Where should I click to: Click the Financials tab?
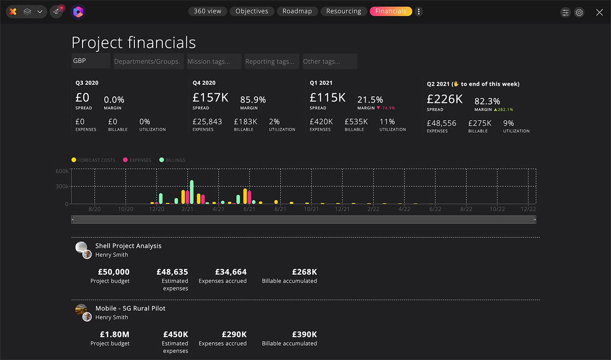tap(391, 11)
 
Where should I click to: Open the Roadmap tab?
tap(297, 11)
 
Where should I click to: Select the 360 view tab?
tap(207, 11)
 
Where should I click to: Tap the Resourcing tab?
tap(343, 11)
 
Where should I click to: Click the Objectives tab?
tap(252, 11)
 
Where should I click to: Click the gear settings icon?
tap(579, 12)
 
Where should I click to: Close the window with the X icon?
tap(599, 12)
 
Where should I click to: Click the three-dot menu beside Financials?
tap(419, 11)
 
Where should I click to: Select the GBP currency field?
tap(91, 61)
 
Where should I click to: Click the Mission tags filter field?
tap(214, 62)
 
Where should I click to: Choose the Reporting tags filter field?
tap(272, 62)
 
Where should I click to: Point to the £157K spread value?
tap(210, 97)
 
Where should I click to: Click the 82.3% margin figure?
tap(487, 101)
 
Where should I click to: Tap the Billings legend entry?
tap(172, 160)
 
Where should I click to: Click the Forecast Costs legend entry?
tap(93, 160)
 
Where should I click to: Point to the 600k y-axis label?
tap(62, 171)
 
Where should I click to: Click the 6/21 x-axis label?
tap(249, 209)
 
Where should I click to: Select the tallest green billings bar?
tap(192, 192)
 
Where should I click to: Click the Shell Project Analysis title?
tap(128, 246)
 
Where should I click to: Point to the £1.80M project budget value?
tap(114, 334)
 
